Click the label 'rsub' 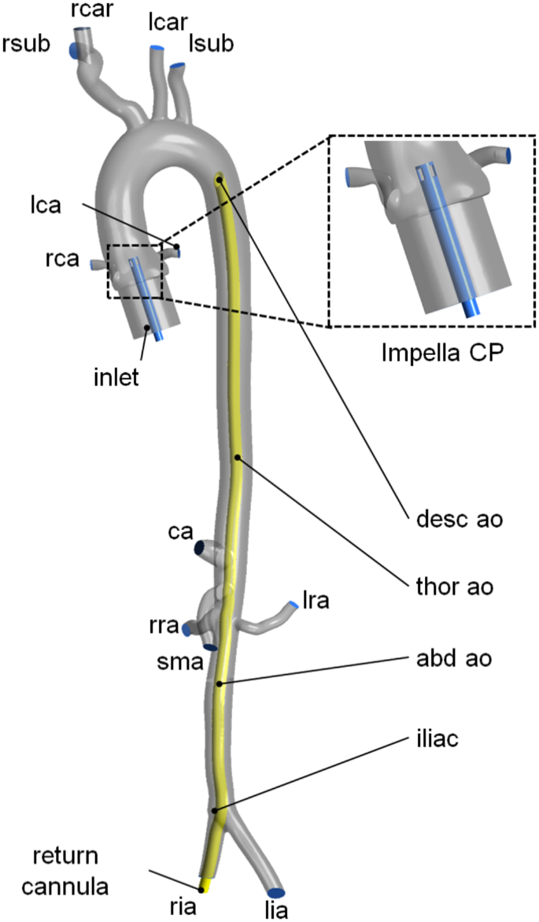click(x=26, y=44)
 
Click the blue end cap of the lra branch click(x=293, y=605)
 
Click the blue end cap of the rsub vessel click(x=73, y=50)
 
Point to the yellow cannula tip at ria click(x=202, y=889)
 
